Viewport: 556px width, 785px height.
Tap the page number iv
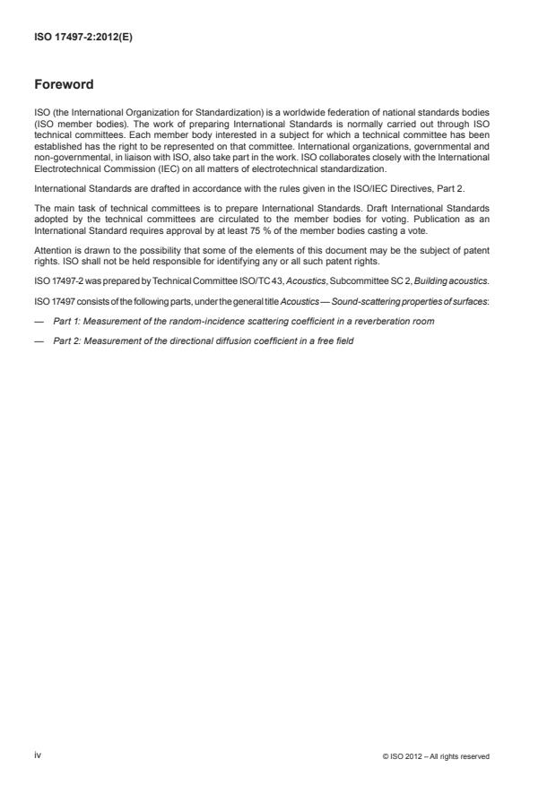38,755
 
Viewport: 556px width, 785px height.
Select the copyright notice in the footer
437,756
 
